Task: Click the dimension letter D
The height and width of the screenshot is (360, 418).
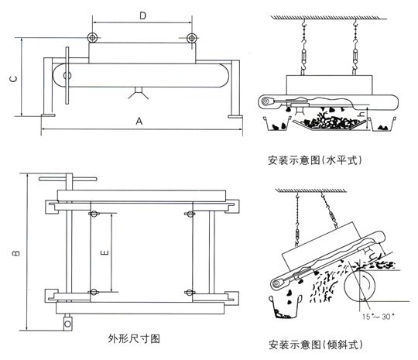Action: (x=143, y=15)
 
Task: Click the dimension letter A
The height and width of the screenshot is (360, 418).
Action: (x=139, y=122)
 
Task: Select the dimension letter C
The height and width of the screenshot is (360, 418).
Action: (x=13, y=79)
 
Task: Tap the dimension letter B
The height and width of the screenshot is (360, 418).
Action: (x=16, y=253)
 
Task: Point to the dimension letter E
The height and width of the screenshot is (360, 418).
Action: (x=104, y=252)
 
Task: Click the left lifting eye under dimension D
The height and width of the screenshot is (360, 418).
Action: (x=92, y=38)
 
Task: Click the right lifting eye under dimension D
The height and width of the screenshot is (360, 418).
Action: (x=192, y=38)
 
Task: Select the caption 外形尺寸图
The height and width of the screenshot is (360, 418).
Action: (x=134, y=339)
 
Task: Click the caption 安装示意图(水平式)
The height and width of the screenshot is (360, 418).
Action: (x=315, y=160)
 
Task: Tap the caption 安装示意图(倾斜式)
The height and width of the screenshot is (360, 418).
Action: (x=316, y=345)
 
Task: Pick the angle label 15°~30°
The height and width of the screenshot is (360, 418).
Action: (x=379, y=317)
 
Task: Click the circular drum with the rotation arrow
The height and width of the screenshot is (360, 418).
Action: (x=360, y=286)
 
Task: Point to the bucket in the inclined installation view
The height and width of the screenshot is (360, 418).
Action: (x=286, y=307)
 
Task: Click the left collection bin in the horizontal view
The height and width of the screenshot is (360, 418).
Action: (x=277, y=124)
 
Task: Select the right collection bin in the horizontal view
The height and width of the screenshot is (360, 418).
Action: (x=382, y=125)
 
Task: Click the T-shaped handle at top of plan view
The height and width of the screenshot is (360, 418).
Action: (x=68, y=179)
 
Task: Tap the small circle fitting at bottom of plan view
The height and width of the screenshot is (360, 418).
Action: (x=67, y=324)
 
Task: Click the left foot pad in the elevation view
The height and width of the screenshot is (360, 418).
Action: (x=48, y=115)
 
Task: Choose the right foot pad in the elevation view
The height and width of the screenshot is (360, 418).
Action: (x=235, y=116)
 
